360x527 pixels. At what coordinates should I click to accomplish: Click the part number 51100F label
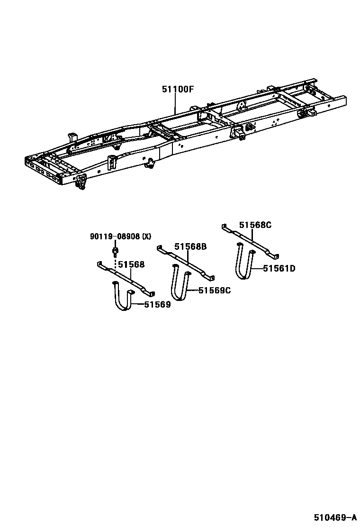178,89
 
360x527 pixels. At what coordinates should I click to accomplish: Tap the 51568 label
131,265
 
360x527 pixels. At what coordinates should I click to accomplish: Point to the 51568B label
190,246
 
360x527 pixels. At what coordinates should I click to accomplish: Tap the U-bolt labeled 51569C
180,284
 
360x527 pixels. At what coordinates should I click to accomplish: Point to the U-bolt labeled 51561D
245,263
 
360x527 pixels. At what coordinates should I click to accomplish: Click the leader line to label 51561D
258,268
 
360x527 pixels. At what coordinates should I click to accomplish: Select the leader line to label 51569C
193,290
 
